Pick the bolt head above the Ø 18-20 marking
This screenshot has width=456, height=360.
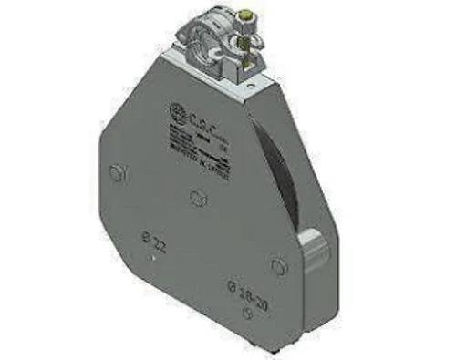pos(280,267)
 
